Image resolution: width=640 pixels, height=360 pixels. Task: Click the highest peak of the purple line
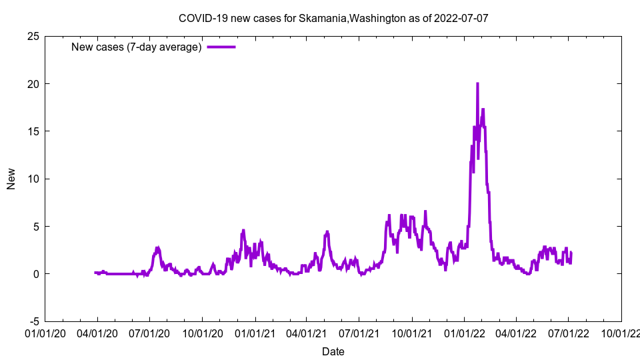pyautogui.click(x=477, y=84)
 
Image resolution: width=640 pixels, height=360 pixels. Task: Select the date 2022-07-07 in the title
pyautogui.click(x=461, y=18)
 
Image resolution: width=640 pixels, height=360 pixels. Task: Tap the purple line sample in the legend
pyautogui.click(x=221, y=47)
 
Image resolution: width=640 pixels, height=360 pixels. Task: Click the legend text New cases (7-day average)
pyautogui.click(x=137, y=47)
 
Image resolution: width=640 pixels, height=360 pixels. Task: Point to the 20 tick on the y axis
pyautogui.click(x=33, y=84)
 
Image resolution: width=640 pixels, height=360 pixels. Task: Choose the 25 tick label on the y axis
pyautogui.click(x=33, y=36)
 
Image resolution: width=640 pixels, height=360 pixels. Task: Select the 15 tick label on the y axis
pyautogui.click(x=33, y=131)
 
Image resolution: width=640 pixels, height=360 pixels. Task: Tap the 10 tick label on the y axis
pyautogui.click(x=33, y=179)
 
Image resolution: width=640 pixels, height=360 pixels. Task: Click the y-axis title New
pyautogui.click(x=11, y=179)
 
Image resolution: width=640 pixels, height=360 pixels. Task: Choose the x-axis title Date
pyautogui.click(x=333, y=351)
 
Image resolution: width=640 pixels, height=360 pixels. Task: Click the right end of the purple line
pyautogui.click(x=571, y=253)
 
